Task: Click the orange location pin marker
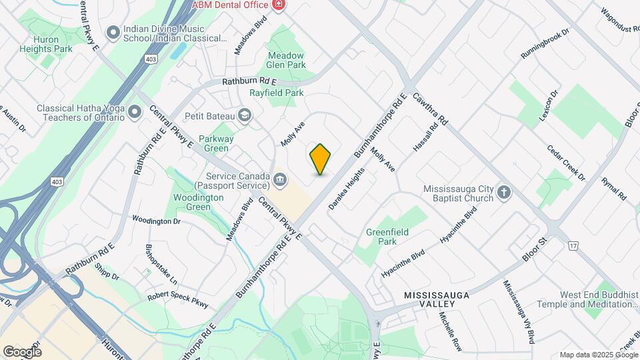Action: tap(320, 159)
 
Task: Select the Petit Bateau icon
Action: tap(245, 116)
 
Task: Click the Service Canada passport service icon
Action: tap(280, 179)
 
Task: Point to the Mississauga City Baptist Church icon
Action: tap(504, 193)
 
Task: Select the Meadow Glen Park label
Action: tap(286, 60)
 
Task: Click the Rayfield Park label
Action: tap(276, 93)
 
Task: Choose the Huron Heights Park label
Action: tap(54, 44)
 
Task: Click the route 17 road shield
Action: tap(573, 247)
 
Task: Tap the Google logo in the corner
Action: tap(22, 351)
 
